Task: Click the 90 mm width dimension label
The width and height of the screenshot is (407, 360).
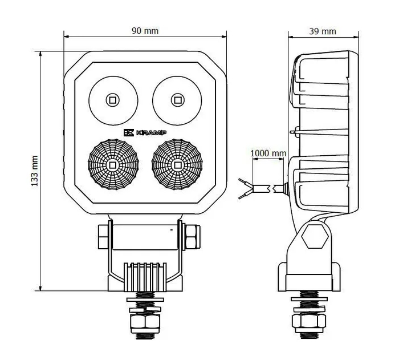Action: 145,31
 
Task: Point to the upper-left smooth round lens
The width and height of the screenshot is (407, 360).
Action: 113,100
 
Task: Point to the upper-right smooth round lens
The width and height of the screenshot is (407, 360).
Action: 177,100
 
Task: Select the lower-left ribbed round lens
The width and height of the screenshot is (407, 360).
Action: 113,165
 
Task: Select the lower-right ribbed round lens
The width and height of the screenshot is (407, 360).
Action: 177,165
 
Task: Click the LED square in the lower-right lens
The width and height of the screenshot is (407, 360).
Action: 177,165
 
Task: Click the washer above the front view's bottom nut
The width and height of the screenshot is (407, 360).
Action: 145,309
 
